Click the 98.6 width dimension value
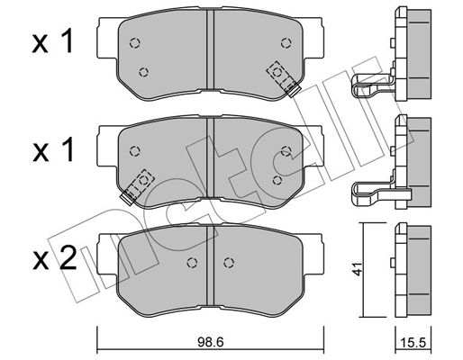pyautogui.click(x=211, y=343)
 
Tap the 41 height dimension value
pyautogui.click(x=358, y=269)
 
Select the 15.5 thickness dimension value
pyautogui.click(x=413, y=343)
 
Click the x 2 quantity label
pyautogui.click(x=54, y=259)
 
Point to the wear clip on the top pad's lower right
pyautogui.click(x=284, y=79)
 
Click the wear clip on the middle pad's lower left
pyautogui.click(x=137, y=186)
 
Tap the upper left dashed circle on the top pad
pyautogui.click(x=135, y=43)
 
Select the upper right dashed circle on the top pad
pyautogui.click(x=286, y=43)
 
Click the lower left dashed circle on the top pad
pyautogui.click(x=144, y=72)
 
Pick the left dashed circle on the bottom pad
pyautogui.click(x=192, y=263)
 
